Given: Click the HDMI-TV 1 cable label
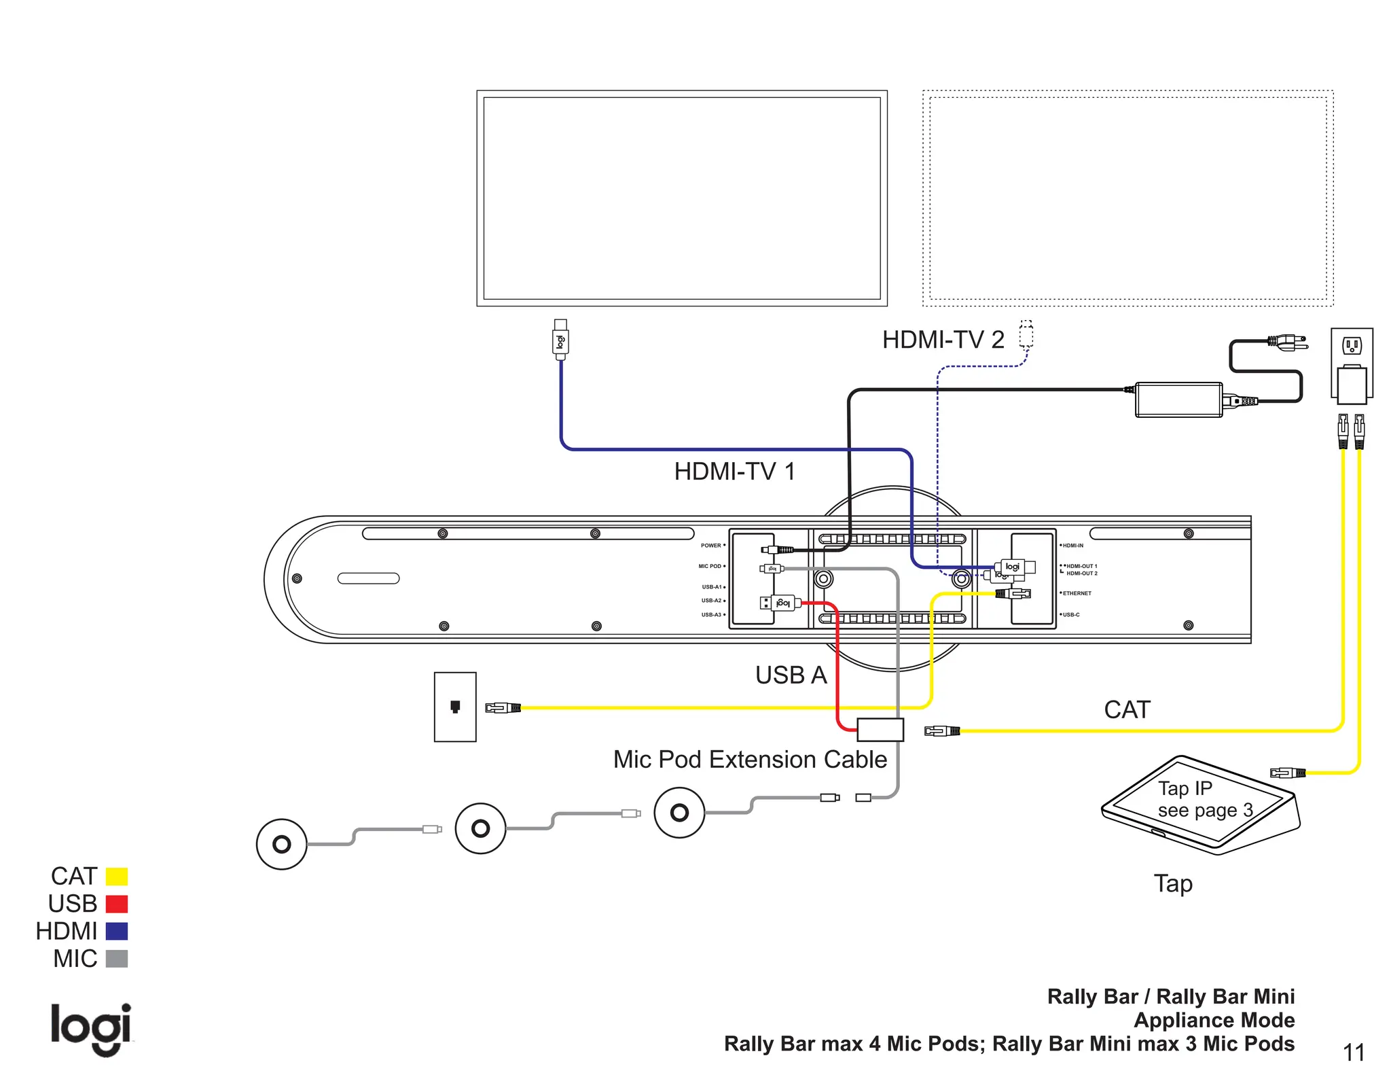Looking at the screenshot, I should (734, 471).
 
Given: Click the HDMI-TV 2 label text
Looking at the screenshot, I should (943, 339).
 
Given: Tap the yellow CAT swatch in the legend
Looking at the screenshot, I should (117, 876).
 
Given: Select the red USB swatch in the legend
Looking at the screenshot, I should (117, 904).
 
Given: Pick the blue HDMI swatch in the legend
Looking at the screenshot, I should (117, 931).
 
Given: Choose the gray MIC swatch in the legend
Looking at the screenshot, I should (117, 959).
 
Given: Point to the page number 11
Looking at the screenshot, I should (1354, 1053).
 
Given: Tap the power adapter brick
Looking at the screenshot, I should (1178, 400).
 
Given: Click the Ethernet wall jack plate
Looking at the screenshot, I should (455, 707).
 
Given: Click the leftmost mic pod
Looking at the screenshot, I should (282, 844).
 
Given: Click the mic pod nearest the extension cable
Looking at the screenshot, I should (679, 812).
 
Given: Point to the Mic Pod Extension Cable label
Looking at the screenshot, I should (750, 759).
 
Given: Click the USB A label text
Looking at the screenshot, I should (791, 675).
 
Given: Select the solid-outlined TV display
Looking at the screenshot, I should (682, 198).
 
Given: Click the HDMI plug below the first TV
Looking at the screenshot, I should (560, 339).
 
